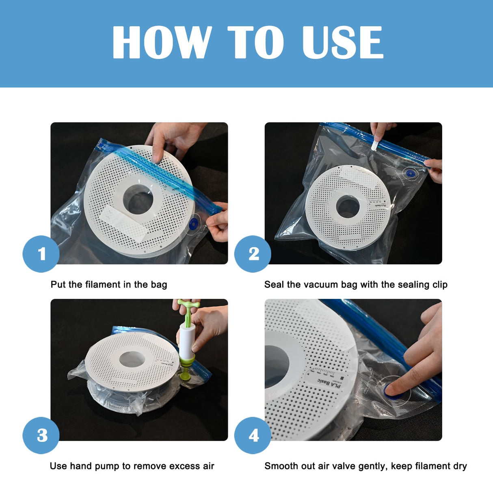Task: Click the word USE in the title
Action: point(342,42)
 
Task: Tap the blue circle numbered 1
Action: point(41,254)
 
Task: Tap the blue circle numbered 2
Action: point(253,254)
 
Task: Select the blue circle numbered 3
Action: point(41,435)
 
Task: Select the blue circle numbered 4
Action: point(253,435)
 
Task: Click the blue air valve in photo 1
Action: point(194,223)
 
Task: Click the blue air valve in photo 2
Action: point(411,174)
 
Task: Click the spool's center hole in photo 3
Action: point(132,359)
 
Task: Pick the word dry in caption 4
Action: point(460,466)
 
